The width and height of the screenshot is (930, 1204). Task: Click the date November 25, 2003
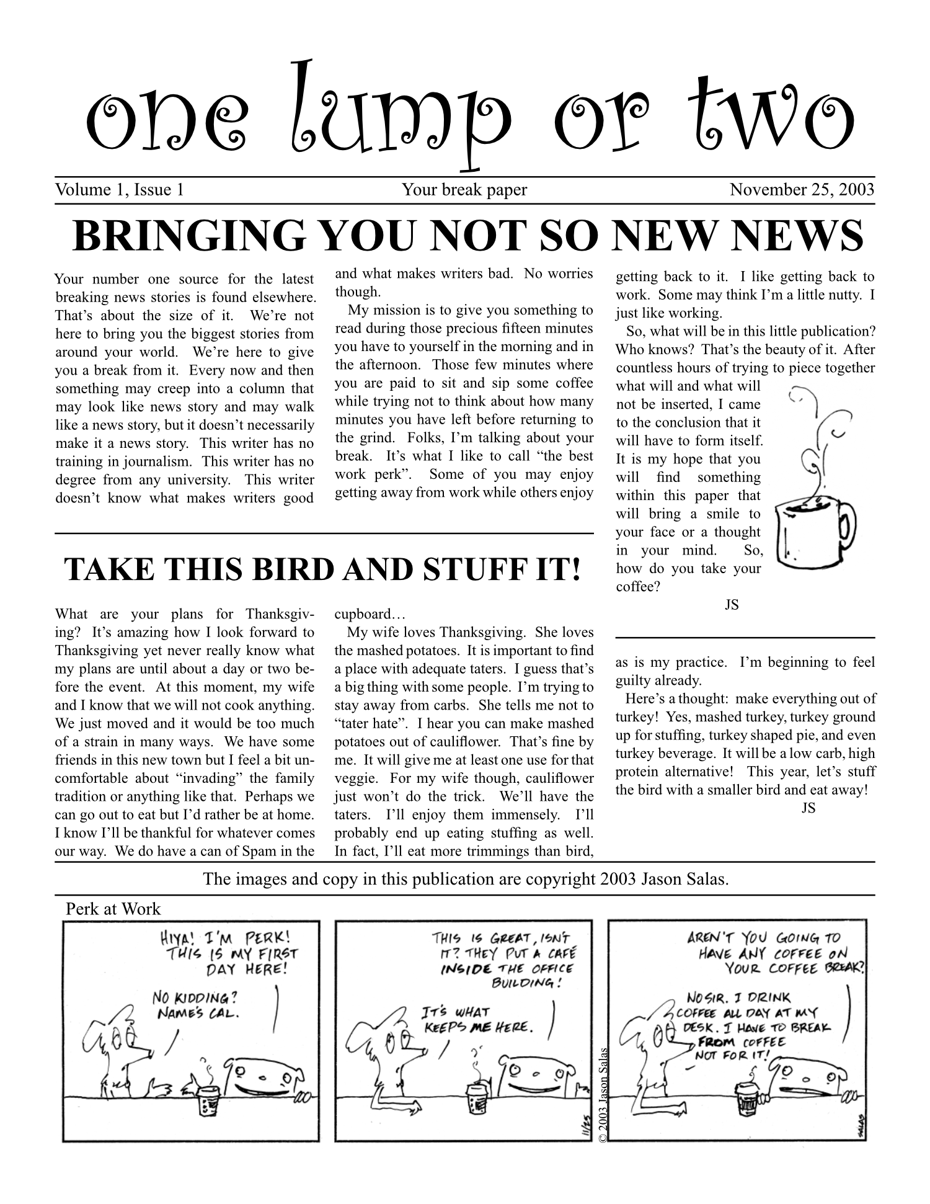tap(802, 190)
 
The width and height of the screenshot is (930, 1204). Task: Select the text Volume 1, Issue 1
tap(119, 190)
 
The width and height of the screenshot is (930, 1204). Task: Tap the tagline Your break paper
tap(464, 190)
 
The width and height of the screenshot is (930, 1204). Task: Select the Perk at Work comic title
tap(113, 909)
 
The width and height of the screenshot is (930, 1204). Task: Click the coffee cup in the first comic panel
tap(206, 1099)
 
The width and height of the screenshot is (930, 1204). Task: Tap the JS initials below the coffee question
tap(732, 604)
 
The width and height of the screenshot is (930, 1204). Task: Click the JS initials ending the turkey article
tap(808, 808)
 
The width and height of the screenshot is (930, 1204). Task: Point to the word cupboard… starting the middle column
tap(370, 615)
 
